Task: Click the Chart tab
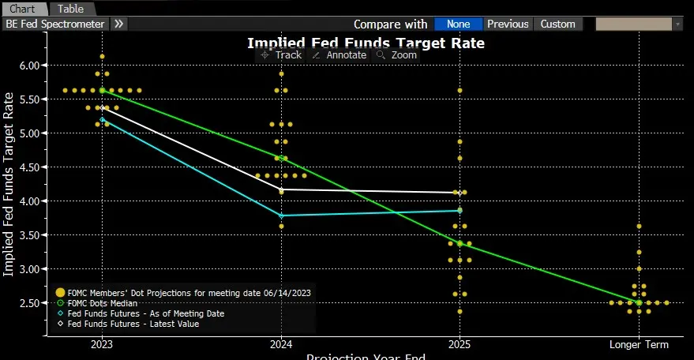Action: pos(22,9)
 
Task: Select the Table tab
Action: pos(70,9)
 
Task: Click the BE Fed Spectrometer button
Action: pos(54,24)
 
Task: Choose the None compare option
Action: pos(458,24)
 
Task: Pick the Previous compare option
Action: pos(508,24)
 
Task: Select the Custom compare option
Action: pos(558,24)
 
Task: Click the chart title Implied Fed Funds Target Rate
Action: pos(366,43)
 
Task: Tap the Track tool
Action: pos(281,55)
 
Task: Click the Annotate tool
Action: pos(339,55)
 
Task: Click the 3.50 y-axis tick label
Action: pos(28,235)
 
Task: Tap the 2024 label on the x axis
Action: pos(282,344)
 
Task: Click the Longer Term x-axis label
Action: pos(639,344)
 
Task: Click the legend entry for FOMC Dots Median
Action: pos(103,302)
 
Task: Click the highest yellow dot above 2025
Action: pos(460,90)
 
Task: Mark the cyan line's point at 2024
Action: pos(282,216)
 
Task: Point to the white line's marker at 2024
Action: pos(282,189)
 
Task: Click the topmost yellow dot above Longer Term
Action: pos(639,227)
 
